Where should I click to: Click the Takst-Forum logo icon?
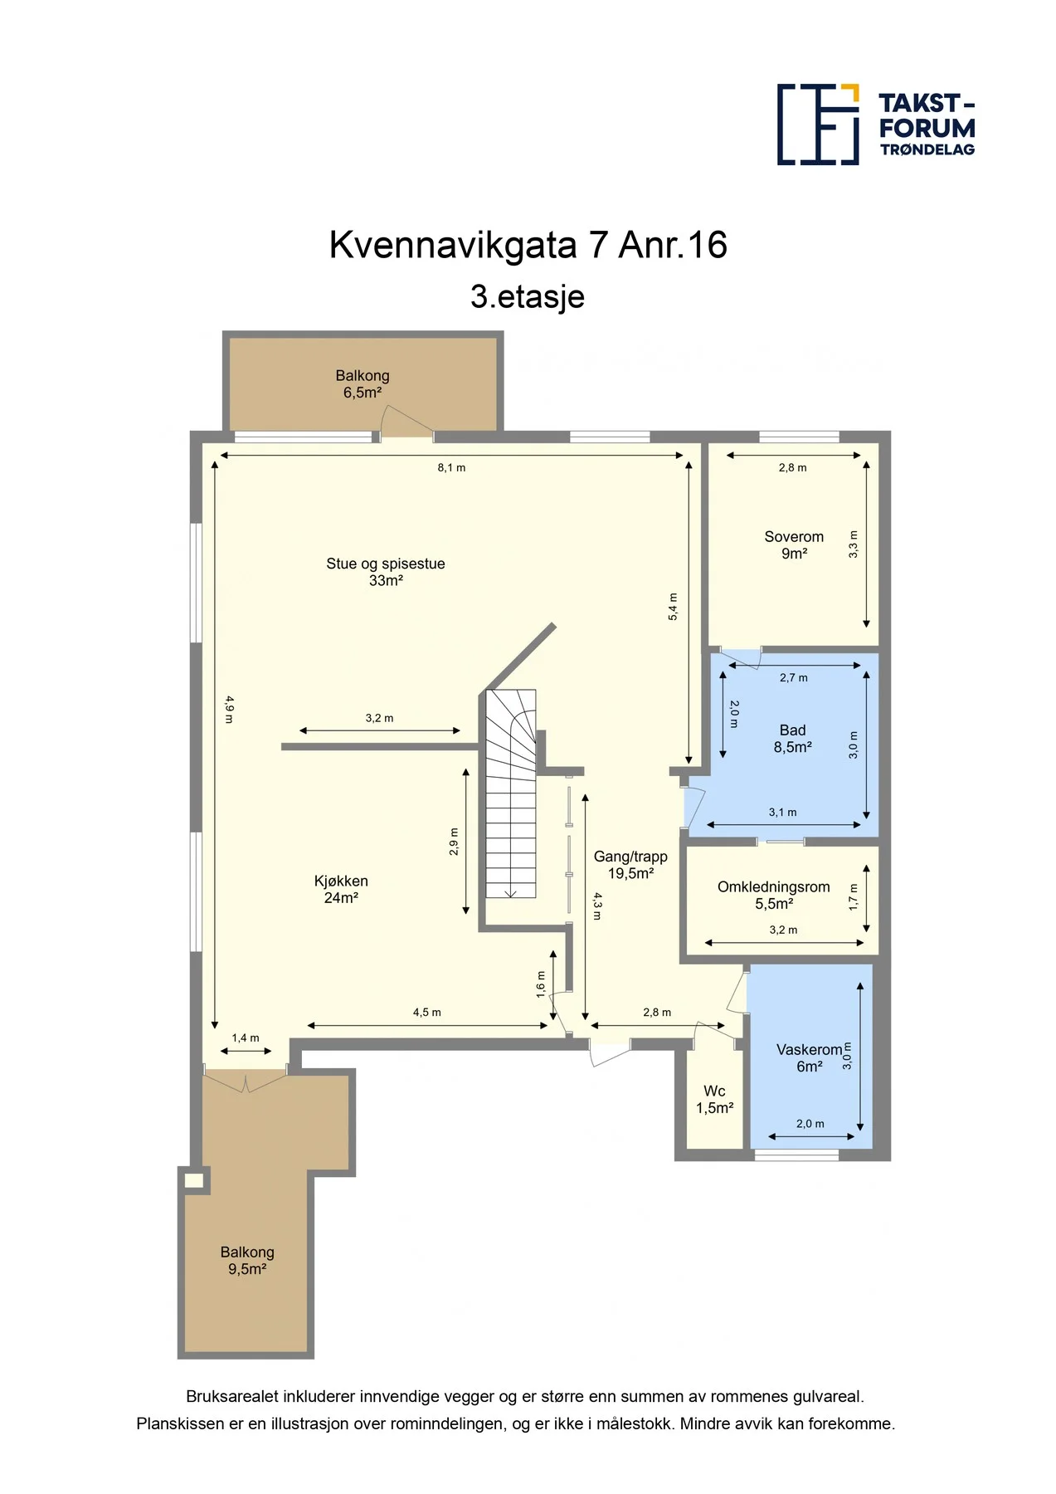[x=818, y=124]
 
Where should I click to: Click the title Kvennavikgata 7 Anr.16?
[x=528, y=245]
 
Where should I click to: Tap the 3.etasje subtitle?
[x=528, y=296]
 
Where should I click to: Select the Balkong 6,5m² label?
[x=363, y=384]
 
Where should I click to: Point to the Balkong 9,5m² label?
[x=247, y=1260]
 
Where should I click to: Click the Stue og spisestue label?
[x=386, y=564]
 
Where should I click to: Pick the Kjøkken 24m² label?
[x=341, y=889]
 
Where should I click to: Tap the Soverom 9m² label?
[x=794, y=545]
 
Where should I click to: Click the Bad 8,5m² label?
[x=792, y=739]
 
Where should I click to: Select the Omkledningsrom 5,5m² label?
[x=774, y=895]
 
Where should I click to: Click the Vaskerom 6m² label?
[x=810, y=1058]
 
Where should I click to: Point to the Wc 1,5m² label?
[x=714, y=1100]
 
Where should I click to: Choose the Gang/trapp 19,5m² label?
[x=630, y=865]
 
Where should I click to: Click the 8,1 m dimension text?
[x=451, y=468]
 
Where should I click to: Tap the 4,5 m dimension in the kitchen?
[x=427, y=1013]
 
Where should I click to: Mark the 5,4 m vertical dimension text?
[x=673, y=607]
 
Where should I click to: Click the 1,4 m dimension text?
[x=246, y=1038]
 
